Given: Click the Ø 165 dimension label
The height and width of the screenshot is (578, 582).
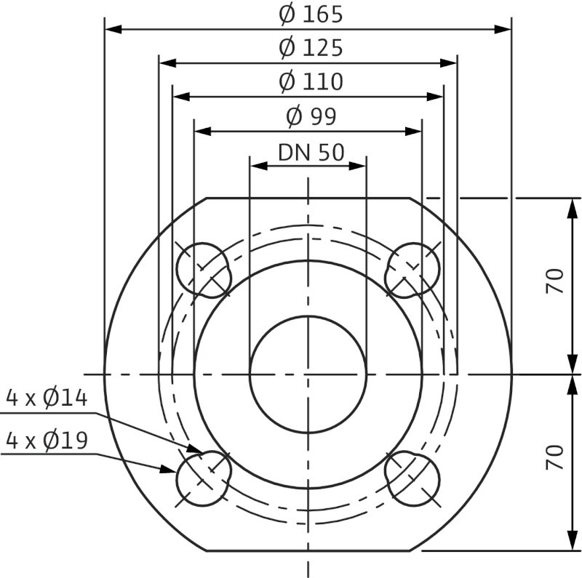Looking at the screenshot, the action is pyautogui.click(x=311, y=15).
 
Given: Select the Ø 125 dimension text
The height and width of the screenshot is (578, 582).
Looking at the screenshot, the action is pyautogui.click(x=311, y=48).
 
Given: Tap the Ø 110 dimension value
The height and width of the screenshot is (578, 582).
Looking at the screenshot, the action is pyautogui.click(x=311, y=82).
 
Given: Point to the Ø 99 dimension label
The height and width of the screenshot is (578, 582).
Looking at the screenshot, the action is pyautogui.click(x=311, y=116).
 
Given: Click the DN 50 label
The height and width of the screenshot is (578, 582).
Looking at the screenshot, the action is pyautogui.click(x=311, y=153).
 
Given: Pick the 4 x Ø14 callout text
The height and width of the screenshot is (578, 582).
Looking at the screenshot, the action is pyautogui.click(x=47, y=398).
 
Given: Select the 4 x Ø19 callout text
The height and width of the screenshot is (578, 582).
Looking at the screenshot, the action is pyautogui.click(x=47, y=441).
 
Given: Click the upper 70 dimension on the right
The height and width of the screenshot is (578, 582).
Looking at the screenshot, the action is pyautogui.click(x=554, y=281).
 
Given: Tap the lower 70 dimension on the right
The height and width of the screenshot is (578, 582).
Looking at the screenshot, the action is pyautogui.click(x=554, y=457).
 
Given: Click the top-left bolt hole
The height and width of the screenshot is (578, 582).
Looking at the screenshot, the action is pyautogui.click(x=203, y=270).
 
